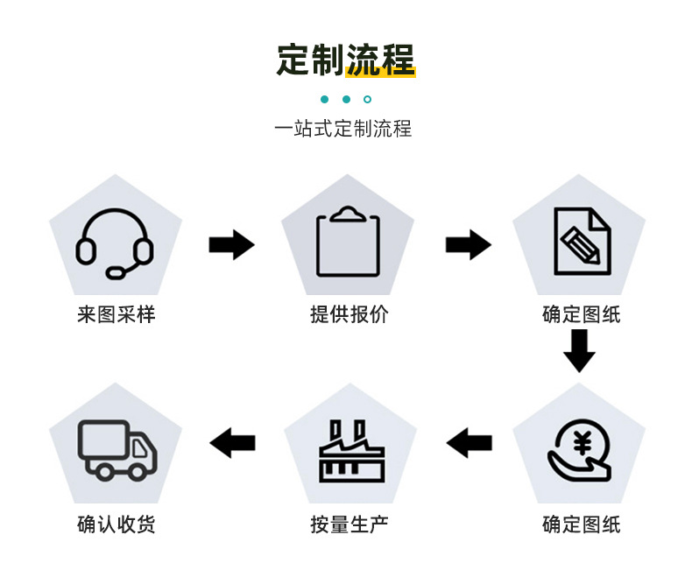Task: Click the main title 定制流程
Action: coord(345,60)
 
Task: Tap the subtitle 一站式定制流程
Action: coord(342,130)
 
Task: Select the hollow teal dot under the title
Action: coord(368,100)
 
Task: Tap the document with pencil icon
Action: coord(581,241)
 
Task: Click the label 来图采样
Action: coord(116,314)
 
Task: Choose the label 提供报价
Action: coord(349,314)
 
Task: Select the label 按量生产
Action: coord(349,524)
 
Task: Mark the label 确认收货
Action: coord(116,524)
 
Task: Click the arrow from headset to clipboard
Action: coord(231,244)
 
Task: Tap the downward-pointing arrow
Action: coord(579,351)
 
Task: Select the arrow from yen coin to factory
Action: coord(470,443)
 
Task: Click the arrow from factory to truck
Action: coord(233,443)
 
